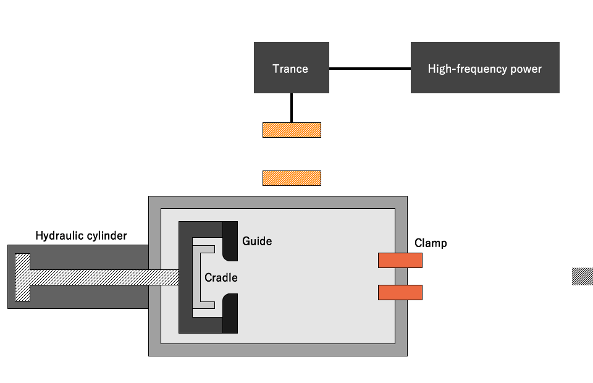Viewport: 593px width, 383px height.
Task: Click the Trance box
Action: pos(291,68)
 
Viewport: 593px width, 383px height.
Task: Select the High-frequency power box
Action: pos(485,68)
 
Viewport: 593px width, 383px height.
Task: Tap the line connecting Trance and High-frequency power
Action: pos(370,69)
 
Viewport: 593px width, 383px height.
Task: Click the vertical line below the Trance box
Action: pos(291,108)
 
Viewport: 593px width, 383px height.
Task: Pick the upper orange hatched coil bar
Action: pos(292,130)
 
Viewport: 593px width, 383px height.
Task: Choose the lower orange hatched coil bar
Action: pos(292,179)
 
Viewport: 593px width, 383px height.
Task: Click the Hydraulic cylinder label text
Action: pos(81,235)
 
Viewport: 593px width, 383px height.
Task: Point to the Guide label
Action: pos(257,241)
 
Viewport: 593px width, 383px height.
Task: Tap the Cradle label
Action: pos(221,277)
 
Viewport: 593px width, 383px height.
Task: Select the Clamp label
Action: pos(431,243)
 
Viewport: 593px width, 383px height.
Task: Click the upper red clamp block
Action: pos(400,261)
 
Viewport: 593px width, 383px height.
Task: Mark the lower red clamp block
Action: pos(400,292)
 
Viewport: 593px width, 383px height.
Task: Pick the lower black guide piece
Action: pos(230,314)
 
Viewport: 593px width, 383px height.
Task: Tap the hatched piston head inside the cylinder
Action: pos(22,277)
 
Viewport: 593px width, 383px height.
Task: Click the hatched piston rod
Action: pos(105,277)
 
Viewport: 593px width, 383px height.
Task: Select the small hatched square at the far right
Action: pos(582,276)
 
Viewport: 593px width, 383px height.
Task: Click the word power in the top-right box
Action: pos(526,69)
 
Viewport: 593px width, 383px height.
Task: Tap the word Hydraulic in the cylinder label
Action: pos(59,235)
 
